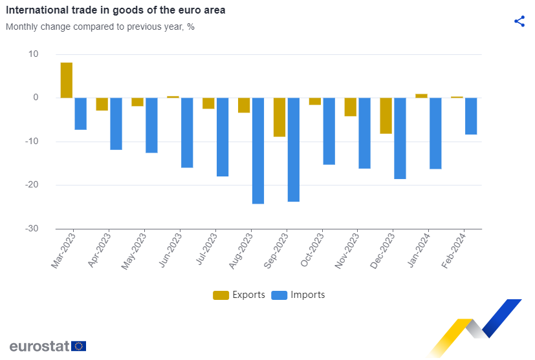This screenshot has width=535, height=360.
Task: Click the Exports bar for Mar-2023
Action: pos(67,80)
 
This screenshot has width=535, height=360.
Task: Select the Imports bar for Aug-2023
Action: pos(258,151)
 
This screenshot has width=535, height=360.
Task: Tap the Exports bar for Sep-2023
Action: pos(279,117)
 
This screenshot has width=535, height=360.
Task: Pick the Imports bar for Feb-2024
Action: pos(471,116)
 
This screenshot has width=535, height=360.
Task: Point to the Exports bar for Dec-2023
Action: pos(386,116)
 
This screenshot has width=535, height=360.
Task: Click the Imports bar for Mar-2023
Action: pos(80,114)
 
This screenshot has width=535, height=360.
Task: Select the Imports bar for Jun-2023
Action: pos(187,132)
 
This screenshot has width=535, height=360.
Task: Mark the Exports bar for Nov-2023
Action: pos(351,107)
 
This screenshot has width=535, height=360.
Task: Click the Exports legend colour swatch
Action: pos(221,295)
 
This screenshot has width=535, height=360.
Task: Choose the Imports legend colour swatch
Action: pos(279,295)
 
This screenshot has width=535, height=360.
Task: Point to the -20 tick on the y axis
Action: pos(32,184)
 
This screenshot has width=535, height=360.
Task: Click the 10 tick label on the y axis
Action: pos(34,54)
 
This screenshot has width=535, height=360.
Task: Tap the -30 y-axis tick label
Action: pos(32,228)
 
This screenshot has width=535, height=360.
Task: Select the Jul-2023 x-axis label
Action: pos(206,249)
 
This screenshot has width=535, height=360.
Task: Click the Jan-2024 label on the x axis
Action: pos(419,250)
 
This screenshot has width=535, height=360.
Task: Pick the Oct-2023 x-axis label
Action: pos(312,249)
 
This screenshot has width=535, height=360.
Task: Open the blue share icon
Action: pos(519,21)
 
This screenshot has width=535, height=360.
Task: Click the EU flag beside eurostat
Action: pos(78,346)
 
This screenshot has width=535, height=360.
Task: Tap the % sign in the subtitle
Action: pos(191,26)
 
